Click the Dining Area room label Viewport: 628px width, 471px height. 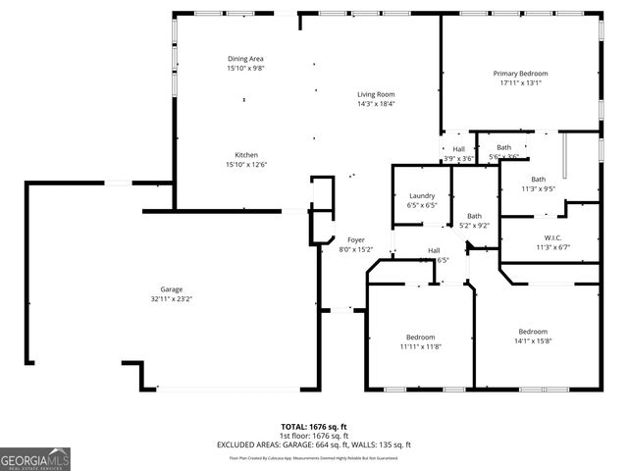click(x=246, y=60)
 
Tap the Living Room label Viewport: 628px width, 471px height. click(x=376, y=94)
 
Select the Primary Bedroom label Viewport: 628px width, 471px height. click(x=520, y=74)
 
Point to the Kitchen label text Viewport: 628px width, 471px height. click(x=246, y=155)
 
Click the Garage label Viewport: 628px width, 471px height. click(x=172, y=289)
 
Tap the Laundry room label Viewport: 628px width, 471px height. click(x=422, y=196)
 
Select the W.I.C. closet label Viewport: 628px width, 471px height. click(x=551, y=237)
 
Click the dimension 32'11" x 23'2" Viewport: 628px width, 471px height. click(x=172, y=299)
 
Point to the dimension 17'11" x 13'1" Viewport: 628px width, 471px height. click(x=520, y=83)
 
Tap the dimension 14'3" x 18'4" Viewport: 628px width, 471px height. click(x=376, y=104)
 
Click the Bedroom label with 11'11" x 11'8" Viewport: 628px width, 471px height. click(x=420, y=338)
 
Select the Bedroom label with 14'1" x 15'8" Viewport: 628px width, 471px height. click(x=533, y=332)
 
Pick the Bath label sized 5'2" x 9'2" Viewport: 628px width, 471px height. click(x=475, y=216)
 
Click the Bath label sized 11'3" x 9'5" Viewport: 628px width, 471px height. click(x=539, y=180)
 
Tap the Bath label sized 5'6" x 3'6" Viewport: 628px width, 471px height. click(x=503, y=148)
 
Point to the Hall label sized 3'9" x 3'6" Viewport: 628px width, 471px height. click(x=459, y=149)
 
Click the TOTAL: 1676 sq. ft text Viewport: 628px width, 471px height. click(x=314, y=427)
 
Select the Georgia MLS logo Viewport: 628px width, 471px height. click(x=35, y=458)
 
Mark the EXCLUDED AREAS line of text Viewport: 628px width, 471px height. click(x=314, y=445)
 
